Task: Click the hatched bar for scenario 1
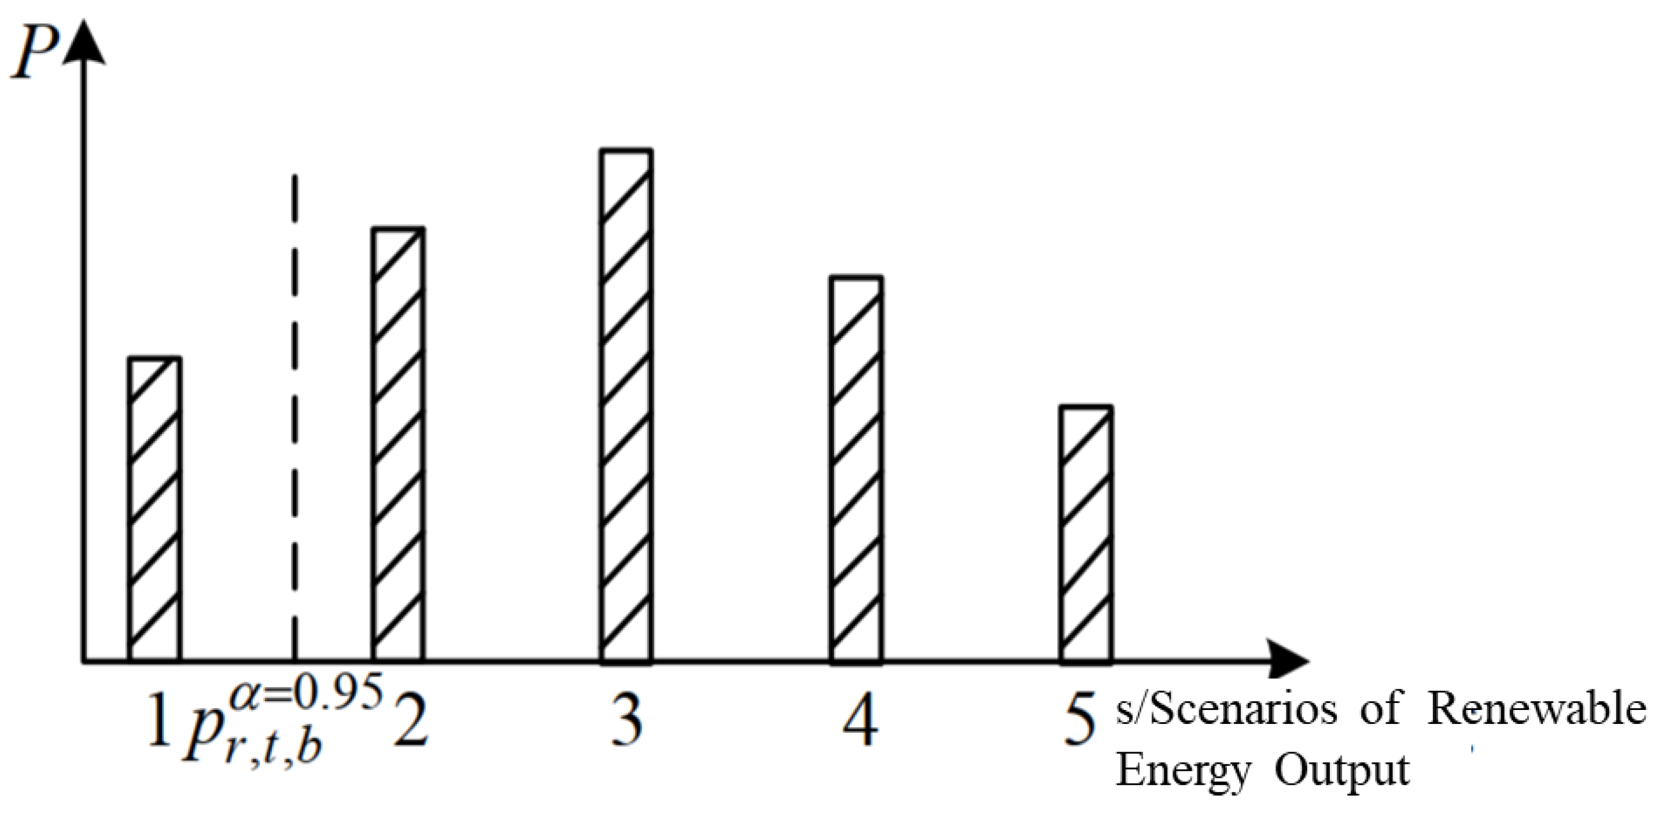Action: click(154, 509)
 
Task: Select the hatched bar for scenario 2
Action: click(398, 444)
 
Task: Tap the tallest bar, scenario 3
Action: click(626, 406)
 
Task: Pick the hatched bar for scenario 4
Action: click(856, 469)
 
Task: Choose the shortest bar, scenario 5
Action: click(1086, 534)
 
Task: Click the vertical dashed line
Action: click(294, 413)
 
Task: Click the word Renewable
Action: click(1536, 711)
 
